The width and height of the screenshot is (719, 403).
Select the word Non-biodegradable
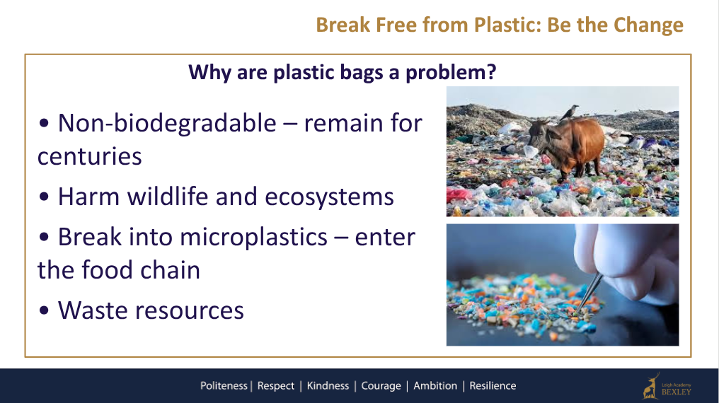pos(168,123)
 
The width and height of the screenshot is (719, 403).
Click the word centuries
pos(89,157)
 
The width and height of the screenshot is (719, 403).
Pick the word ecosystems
pos(329,198)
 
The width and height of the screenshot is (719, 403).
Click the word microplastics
pos(253,238)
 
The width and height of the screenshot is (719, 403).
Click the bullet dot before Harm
pos(44,197)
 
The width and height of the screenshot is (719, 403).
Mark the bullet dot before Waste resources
pos(44,310)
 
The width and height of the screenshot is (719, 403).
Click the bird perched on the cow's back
pos(570,112)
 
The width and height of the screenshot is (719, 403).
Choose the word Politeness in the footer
pos(224,386)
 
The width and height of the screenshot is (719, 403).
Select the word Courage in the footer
pos(381,386)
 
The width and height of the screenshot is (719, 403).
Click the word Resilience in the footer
pos(493,386)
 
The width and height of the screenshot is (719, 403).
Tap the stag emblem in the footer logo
pos(651,386)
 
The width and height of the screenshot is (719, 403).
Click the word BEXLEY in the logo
pos(677,392)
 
